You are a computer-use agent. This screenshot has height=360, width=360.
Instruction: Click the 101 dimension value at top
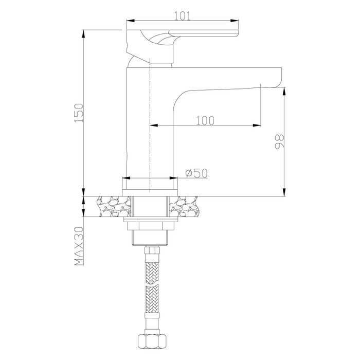[182, 16]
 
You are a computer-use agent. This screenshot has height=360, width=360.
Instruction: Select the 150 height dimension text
[79, 113]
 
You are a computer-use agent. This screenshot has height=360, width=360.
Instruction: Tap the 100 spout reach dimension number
[205, 120]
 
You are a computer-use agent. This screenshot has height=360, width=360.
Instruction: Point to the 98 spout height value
[279, 142]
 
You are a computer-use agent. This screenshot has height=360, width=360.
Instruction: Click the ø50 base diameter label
[196, 173]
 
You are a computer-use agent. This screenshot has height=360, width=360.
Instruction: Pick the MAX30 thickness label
[79, 246]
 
